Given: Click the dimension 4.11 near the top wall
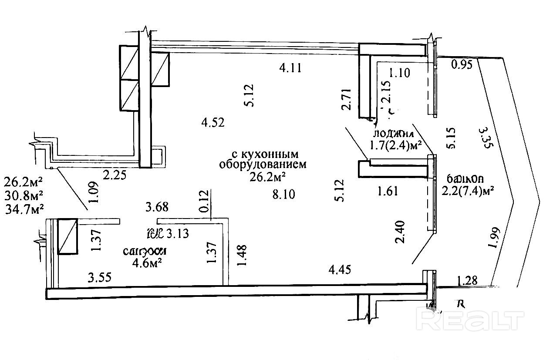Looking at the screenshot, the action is (290, 68).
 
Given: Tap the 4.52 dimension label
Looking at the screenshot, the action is (212, 123).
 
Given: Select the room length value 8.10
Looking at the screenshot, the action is (283, 194).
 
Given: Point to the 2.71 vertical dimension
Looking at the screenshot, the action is (347, 100).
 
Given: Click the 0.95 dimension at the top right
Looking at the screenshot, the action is (462, 65).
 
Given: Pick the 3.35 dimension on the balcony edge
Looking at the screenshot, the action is (485, 138).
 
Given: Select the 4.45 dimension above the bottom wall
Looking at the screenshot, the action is (340, 270).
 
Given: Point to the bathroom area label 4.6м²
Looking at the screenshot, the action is (144, 262).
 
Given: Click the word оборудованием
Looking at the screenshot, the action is (263, 165).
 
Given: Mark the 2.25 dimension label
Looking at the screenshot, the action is (114, 175).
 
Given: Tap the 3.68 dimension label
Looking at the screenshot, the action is (158, 207).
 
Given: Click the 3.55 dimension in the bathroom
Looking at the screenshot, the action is (100, 277).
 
